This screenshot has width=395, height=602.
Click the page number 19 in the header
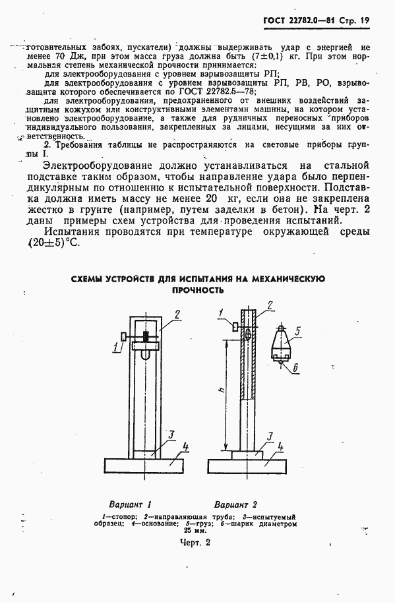click(364, 20)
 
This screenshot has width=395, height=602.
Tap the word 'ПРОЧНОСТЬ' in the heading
click(198, 289)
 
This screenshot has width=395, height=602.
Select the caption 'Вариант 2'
click(236, 502)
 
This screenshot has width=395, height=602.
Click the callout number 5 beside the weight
click(298, 331)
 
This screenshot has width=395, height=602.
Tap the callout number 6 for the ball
click(295, 367)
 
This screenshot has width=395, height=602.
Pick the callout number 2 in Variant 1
click(177, 315)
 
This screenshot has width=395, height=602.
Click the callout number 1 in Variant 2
click(222, 313)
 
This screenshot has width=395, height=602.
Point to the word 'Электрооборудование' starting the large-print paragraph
click(104, 165)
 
